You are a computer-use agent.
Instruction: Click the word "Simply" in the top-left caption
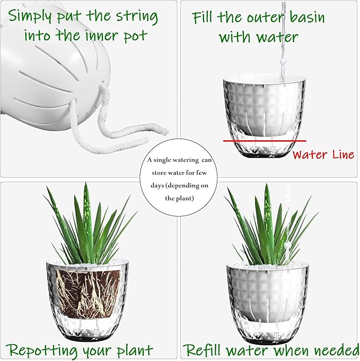click(x=30, y=16)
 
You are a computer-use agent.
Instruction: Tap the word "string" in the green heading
click(x=137, y=17)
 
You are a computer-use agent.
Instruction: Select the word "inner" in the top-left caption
click(x=102, y=36)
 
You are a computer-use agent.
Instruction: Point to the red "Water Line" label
click(x=323, y=154)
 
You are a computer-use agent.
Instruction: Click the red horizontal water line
click(x=265, y=141)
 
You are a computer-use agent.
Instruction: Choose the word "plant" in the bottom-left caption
click(x=135, y=350)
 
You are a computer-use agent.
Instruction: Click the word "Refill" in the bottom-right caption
click(x=203, y=350)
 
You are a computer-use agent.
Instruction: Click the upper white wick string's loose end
click(x=166, y=132)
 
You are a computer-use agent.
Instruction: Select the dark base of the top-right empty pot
click(x=265, y=155)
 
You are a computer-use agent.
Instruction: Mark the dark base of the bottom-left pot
click(x=87, y=338)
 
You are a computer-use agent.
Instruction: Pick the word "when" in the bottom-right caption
click(x=293, y=350)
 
